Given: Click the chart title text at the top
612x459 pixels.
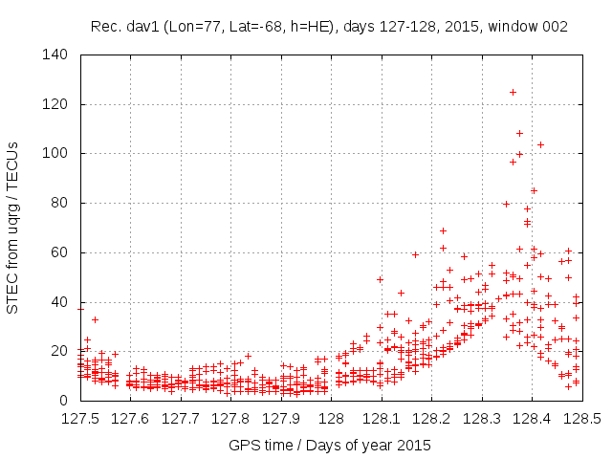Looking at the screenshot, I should (x=329, y=27).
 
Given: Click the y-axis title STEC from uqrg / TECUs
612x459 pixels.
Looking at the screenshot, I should (x=13, y=228).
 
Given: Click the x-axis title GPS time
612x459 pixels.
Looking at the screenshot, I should (x=329, y=445).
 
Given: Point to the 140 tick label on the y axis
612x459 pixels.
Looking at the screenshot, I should (x=55, y=55).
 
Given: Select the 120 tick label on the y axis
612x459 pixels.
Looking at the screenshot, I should (x=55, y=104).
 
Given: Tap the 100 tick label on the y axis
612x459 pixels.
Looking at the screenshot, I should (x=55, y=153).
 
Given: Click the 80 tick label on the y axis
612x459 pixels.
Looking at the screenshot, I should (x=58, y=203).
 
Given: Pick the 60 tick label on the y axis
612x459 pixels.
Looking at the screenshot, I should (x=58, y=252).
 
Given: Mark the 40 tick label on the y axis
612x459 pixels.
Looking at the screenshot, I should (x=58, y=301).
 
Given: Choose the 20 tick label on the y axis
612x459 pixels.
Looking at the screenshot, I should (x=58, y=351).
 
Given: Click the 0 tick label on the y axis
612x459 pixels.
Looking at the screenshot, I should (x=62, y=401).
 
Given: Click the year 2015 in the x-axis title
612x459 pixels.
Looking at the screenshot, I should (x=414, y=445).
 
